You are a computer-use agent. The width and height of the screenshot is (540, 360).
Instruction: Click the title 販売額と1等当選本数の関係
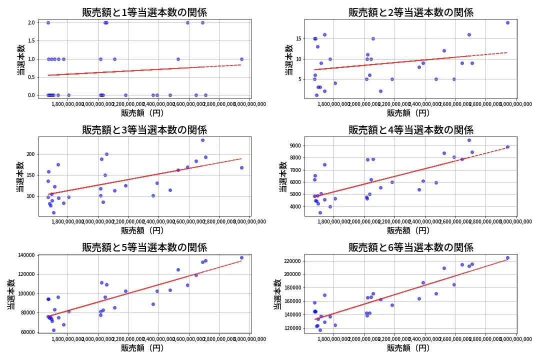144,12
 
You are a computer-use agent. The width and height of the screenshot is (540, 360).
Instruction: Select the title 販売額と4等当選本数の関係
410,130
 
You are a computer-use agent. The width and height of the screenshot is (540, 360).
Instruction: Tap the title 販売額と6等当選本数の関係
410,247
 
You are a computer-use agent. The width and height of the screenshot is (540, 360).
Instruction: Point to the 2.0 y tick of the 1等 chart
31,22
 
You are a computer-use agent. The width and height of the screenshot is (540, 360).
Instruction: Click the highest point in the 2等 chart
507,22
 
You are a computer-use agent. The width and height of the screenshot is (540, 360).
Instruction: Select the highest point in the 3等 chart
202,140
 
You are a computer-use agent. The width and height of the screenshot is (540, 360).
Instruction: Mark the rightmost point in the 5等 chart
241,257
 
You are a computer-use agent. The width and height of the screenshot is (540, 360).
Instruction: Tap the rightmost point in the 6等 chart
507,258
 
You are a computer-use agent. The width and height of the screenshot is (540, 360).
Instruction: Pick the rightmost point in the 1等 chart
241,59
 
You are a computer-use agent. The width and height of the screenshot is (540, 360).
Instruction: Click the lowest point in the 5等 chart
53,330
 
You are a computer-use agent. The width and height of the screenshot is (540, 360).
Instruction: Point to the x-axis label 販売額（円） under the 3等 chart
144,230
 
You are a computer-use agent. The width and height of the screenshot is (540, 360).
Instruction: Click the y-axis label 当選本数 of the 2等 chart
288,59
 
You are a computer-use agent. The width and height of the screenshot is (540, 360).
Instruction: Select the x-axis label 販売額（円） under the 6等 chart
410,348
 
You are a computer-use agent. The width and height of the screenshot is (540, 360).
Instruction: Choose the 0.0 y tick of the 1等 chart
31,95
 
